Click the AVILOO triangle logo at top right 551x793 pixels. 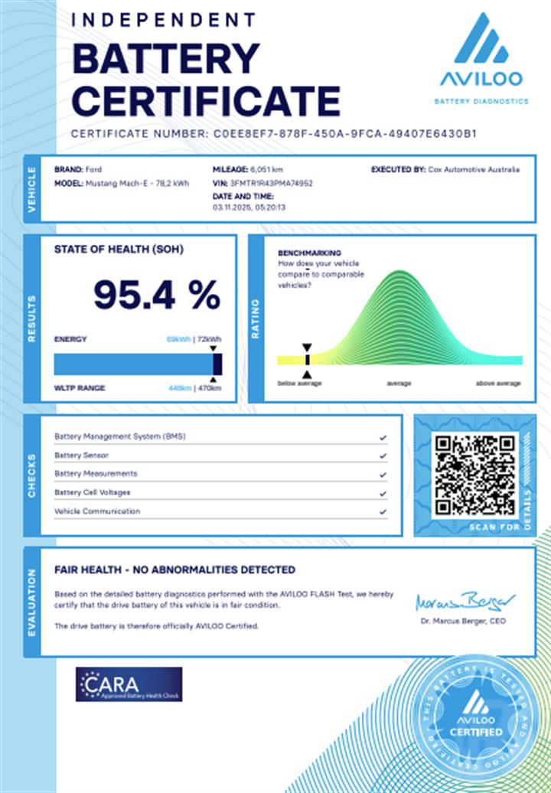481,40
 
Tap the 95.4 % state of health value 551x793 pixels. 157,295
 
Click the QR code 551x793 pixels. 474,475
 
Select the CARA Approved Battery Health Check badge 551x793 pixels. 129,684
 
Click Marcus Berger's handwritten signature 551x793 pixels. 465,601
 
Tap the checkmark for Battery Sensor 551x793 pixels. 383,455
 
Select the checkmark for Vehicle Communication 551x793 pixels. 383,511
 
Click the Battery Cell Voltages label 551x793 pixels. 92,492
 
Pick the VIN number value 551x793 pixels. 272,184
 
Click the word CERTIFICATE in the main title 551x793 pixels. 207,100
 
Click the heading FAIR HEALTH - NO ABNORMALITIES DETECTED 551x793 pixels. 174,569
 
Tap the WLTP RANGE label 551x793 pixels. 80,387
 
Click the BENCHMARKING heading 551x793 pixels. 309,253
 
